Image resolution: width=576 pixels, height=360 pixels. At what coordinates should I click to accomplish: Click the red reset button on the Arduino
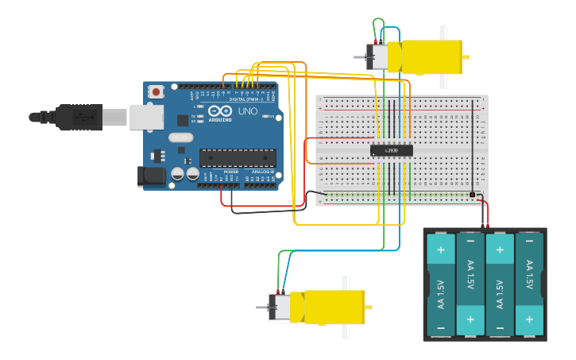[x=156, y=91]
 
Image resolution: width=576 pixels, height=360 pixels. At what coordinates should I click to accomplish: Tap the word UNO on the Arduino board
[x=248, y=111]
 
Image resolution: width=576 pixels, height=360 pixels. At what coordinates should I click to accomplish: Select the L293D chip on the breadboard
[x=392, y=150]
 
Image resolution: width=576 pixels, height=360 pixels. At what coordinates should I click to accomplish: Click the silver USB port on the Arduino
[x=146, y=118]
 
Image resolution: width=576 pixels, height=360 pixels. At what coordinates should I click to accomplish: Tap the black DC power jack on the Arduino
[x=152, y=176]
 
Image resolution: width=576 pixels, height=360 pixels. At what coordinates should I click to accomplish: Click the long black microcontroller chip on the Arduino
[x=238, y=158]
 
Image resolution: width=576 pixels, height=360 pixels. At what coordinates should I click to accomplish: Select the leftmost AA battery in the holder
[x=441, y=284]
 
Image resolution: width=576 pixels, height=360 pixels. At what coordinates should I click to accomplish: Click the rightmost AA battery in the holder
[x=529, y=284]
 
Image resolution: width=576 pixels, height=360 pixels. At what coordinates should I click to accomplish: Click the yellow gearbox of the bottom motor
[x=334, y=308]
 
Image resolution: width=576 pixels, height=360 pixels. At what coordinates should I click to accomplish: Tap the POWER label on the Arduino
[x=230, y=172]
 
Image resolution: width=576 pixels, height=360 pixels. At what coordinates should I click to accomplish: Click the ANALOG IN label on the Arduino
[x=263, y=172]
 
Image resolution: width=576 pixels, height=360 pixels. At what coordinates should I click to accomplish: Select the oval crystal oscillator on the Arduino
[x=180, y=137]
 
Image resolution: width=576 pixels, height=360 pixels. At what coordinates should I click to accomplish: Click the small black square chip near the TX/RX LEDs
[x=183, y=120]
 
